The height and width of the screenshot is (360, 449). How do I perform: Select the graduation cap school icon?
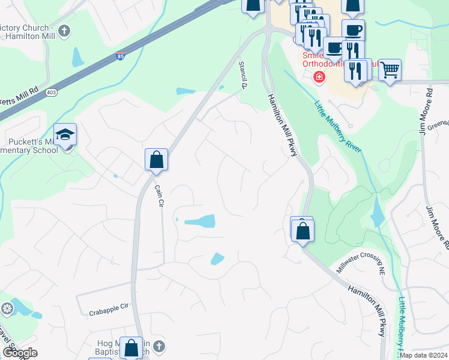tap(65, 134)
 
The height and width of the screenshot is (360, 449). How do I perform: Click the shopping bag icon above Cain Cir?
tap(156, 160)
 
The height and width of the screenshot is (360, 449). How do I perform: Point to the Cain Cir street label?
tap(159, 196)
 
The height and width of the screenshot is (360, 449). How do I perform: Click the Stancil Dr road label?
tap(243, 74)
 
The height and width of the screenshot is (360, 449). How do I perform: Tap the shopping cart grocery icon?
tap(390, 70)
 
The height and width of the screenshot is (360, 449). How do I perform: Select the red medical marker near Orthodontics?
tap(319, 76)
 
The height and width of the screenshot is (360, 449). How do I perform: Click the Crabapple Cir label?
tap(109, 312)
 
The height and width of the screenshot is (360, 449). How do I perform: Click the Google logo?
tap(19, 353)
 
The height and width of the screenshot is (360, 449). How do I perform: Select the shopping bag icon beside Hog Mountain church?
tap(131, 347)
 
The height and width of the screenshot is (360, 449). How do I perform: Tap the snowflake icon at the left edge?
tap(7, 309)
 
